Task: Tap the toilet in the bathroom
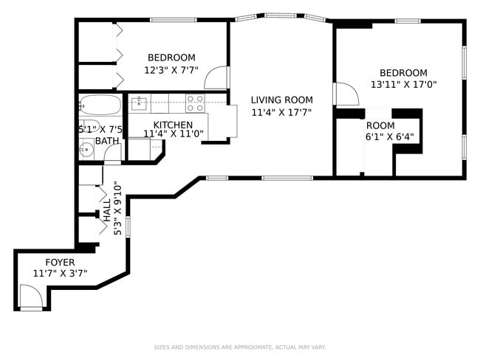pos(89,126)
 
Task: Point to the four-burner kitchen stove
pos(195,103)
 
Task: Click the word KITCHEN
pos(173,125)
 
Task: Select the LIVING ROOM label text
pos(281,100)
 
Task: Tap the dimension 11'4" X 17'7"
pos(281,113)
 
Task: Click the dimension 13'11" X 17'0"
pos(403,84)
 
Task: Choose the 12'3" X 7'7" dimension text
pos(171,71)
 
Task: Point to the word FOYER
pos(60,262)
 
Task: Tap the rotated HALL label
pos(107,210)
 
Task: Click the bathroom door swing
pos(112,154)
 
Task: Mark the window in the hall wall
pos(128,224)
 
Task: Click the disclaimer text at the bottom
pos(239,347)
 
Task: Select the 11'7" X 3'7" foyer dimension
pos(60,273)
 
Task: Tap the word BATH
pos(106,141)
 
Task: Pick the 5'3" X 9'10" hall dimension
pos(117,209)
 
